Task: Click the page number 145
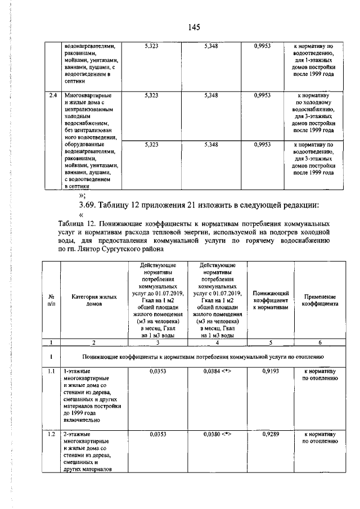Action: point(195,27)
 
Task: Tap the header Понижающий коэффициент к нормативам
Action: point(271,300)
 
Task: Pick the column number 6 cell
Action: point(321,342)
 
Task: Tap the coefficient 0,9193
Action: point(271,372)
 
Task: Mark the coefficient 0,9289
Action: point(271,435)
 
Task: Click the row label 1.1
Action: point(51,372)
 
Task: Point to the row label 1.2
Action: point(51,435)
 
